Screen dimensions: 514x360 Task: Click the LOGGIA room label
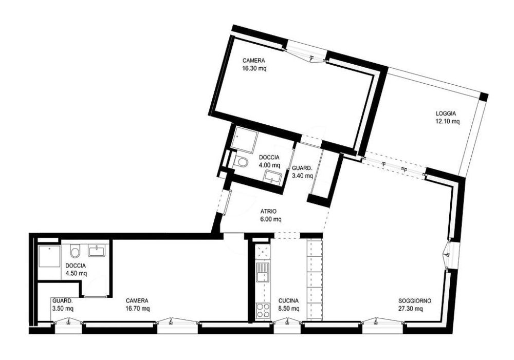[x=446, y=113]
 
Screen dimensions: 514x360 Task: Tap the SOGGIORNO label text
[x=415, y=300]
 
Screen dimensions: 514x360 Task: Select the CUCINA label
[x=288, y=300]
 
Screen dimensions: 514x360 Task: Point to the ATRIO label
[x=269, y=211]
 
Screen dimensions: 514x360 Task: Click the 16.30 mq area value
[x=254, y=69]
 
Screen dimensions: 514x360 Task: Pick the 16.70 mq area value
[x=138, y=309]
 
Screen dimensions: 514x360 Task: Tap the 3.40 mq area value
[x=302, y=176]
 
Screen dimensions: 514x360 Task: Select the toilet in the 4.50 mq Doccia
[x=75, y=252]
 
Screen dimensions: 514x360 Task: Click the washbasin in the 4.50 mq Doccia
[x=97, y=252]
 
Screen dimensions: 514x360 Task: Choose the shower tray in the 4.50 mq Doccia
[x=49, y=257]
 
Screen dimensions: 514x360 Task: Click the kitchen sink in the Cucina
[x=263, y=273]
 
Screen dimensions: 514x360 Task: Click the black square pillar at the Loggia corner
[x=484, y=97]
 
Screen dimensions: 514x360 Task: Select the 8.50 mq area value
[x=289, y=309]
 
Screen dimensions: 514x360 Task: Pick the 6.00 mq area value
[x=271, y=219]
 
